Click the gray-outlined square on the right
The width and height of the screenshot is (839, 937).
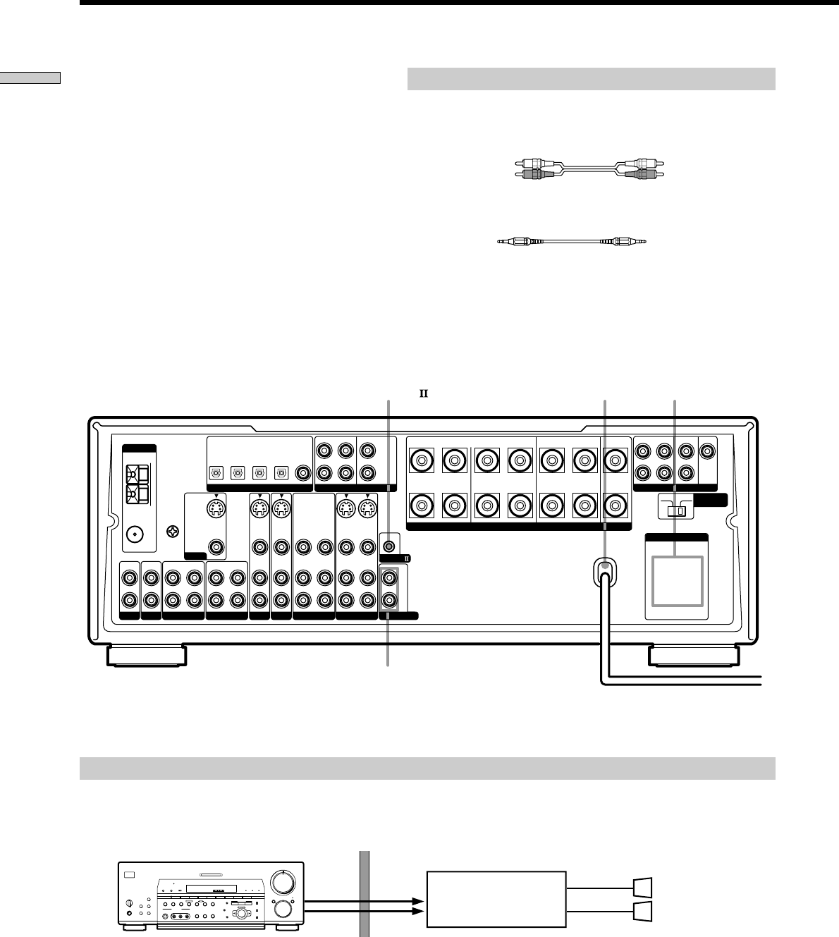(x=677, y=580)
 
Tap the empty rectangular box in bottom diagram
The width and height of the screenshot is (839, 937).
(x=496, y=900)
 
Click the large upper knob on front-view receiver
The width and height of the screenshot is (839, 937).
(x=285, y=881)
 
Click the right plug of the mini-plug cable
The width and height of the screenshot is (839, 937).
(x=630, y=242)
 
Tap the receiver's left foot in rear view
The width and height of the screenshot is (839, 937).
(x=147, y=655)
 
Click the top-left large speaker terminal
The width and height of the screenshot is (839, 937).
(x=422, y=462)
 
